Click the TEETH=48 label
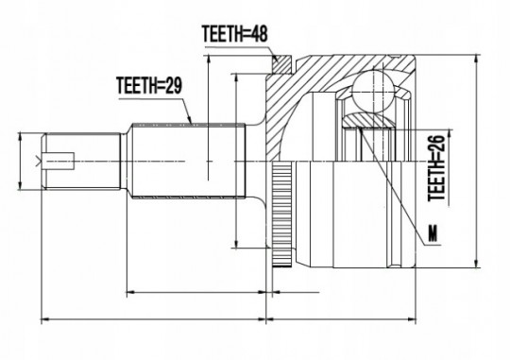[x=235, y=33]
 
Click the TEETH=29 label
[x=149, y=85]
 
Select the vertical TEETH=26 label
[x=435, y=168]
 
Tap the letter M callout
[x=433, y=233]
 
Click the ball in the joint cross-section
[x=373, y=91]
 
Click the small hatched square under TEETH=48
[x=281, y=64]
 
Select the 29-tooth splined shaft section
[x=188, y=161]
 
